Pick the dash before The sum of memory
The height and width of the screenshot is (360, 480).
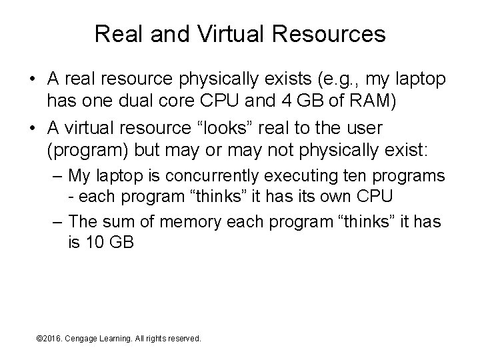57,221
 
